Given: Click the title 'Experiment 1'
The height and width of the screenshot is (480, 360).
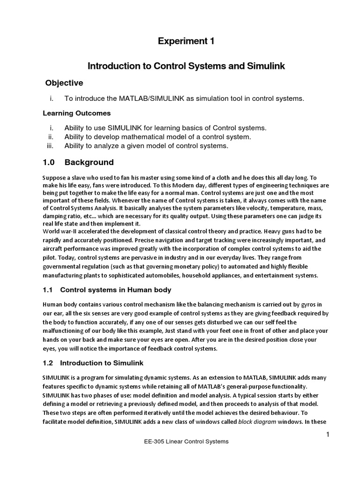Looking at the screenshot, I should [186, 41].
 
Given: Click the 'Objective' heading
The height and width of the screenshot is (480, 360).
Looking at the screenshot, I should [64, 83].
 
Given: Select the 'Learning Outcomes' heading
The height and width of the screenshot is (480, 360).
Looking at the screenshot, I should [76, 113].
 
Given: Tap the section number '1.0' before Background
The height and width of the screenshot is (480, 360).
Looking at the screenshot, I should [49, 163].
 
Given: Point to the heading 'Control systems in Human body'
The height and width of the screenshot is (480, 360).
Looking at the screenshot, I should [116, 290].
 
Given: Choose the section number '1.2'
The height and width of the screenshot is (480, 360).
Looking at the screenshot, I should [48, 363].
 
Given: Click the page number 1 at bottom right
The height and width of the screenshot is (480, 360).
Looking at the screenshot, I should [329, 435].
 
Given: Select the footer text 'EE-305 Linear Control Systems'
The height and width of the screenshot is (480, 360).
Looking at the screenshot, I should [186, 442].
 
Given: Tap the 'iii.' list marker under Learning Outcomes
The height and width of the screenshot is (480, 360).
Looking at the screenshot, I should [51, 146].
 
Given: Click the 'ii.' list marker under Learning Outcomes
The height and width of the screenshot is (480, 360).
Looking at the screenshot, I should [52, 137].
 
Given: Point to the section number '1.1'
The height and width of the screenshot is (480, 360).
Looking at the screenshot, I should [48, 290].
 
